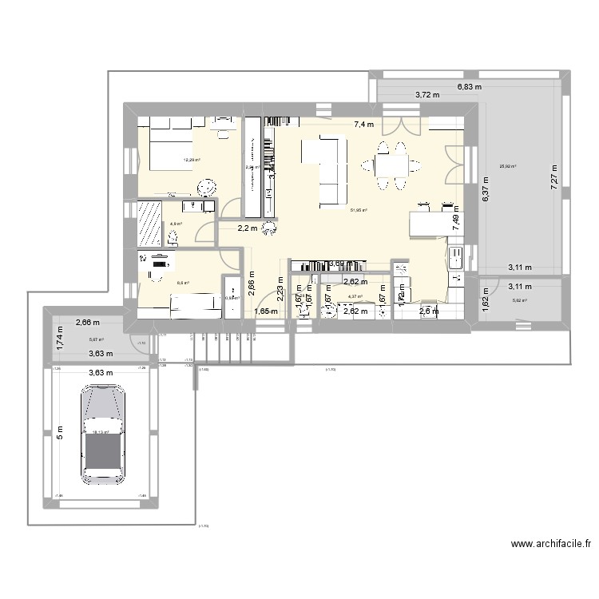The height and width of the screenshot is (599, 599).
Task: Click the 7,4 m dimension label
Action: [364, 125]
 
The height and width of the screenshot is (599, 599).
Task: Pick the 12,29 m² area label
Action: [192, 160]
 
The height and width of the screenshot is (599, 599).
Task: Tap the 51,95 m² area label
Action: [359, 210]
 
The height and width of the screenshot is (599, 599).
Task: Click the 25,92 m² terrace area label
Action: [507, 167]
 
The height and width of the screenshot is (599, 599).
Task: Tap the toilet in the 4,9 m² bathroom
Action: [173, 237]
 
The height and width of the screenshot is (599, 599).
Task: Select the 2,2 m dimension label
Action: [248, 228]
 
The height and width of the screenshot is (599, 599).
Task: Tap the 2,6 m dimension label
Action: [429, 311]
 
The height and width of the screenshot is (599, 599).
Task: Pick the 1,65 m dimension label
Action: [265, 311]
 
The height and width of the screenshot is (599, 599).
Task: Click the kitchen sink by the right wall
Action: [458, 259]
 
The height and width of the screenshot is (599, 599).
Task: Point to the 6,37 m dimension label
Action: [484, 192]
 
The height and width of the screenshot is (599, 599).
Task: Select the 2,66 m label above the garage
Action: [88, 323]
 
